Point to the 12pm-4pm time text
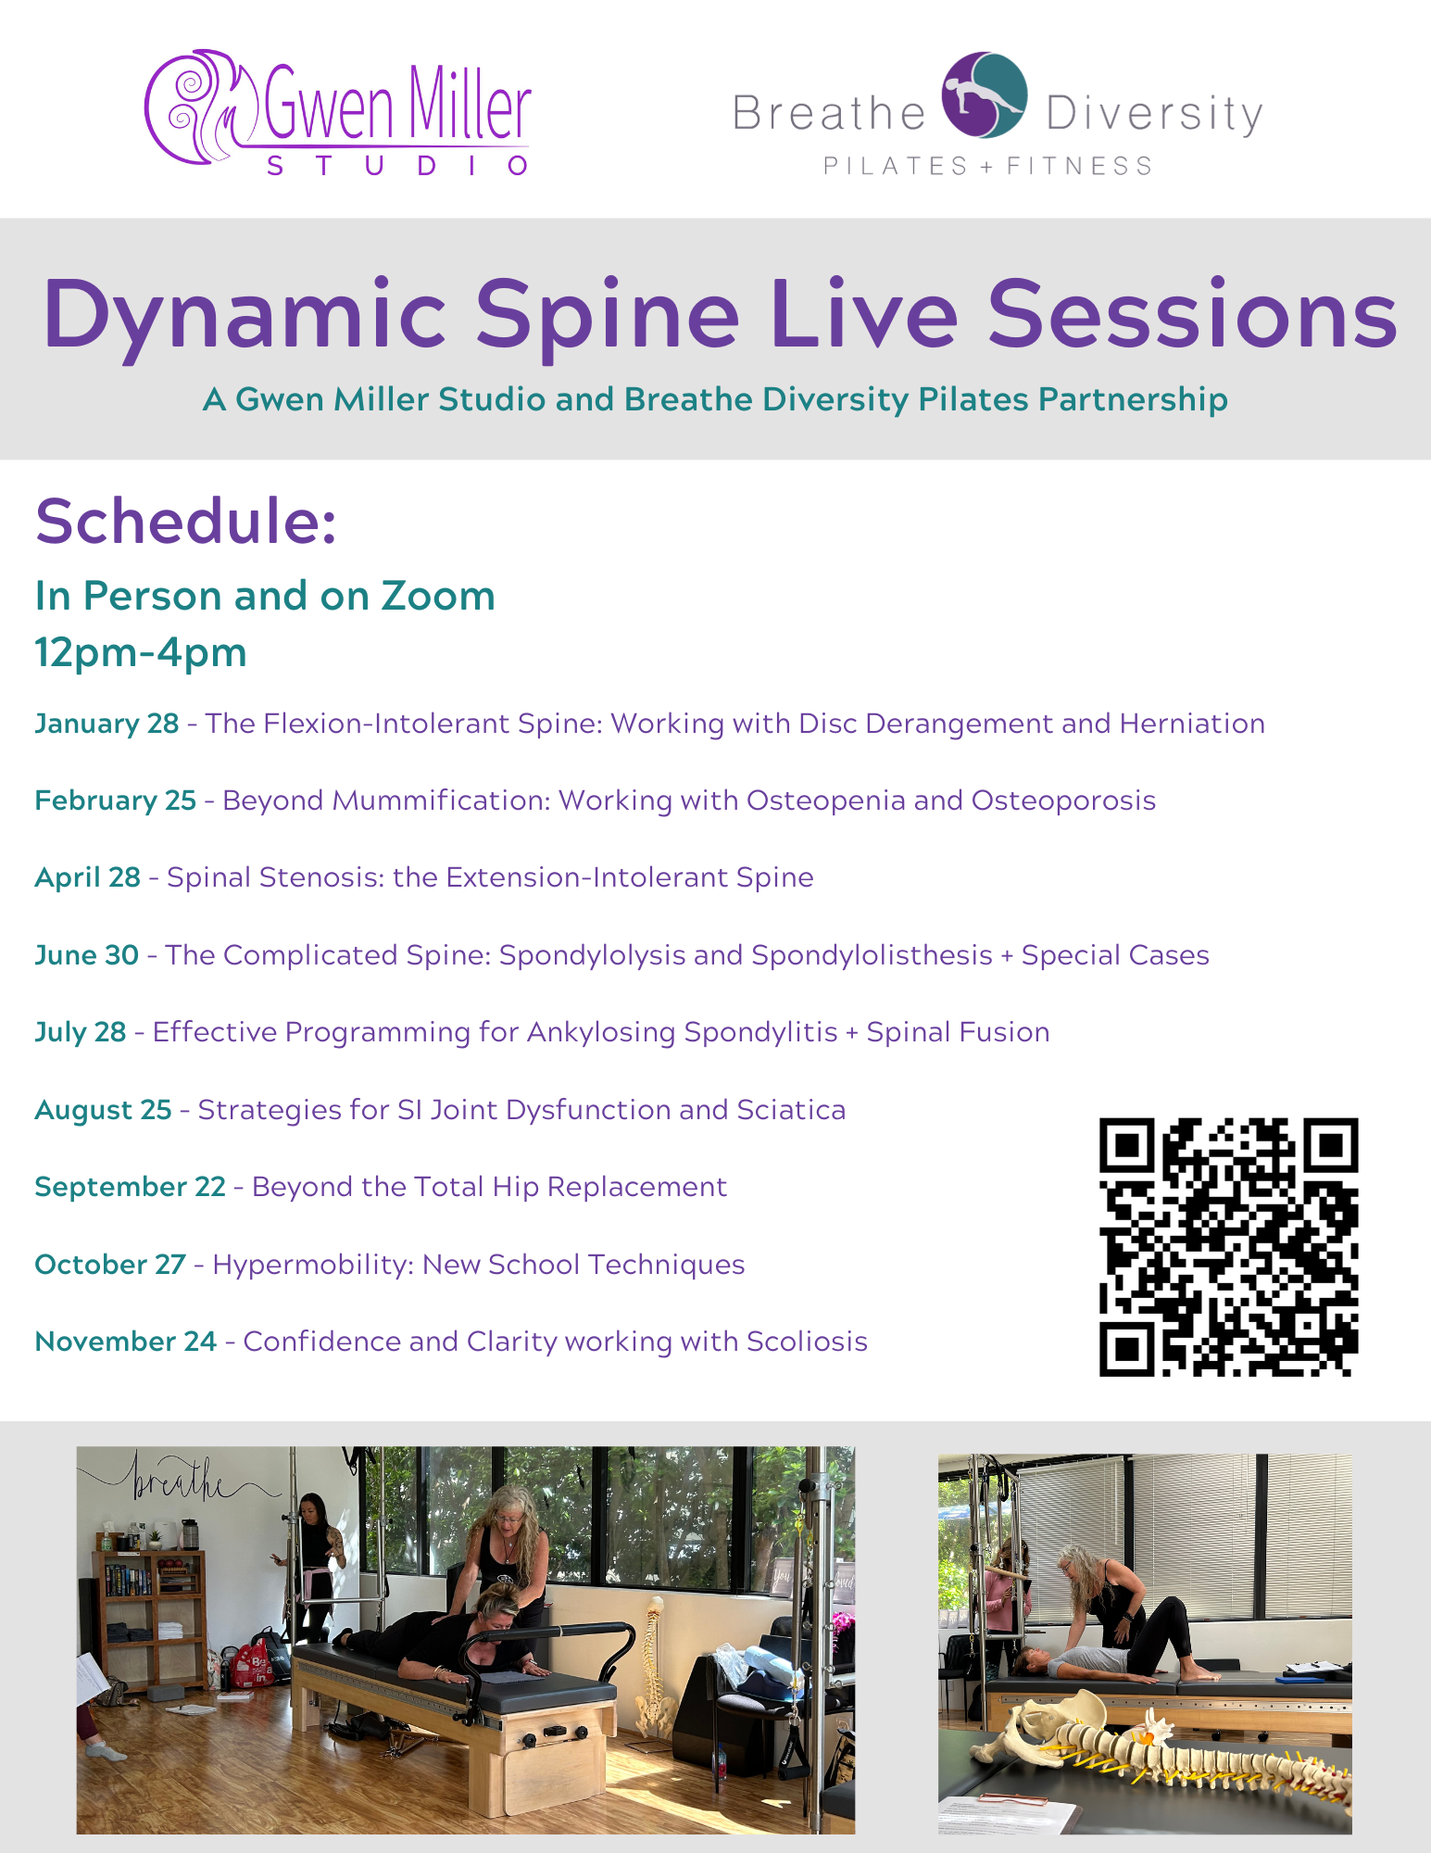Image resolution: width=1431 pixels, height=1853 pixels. point(141,652)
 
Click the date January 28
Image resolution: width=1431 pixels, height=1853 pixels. point(107,723)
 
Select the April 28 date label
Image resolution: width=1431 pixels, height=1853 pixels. point(88,877)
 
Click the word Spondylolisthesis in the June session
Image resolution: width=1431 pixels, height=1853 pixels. point(872,955)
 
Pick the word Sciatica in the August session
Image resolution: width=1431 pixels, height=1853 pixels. point(791,1109)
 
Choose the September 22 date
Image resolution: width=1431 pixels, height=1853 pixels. point(131,1187)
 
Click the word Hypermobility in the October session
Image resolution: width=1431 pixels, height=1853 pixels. point(313,1265)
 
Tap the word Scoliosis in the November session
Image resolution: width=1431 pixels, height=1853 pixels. point(807,1342)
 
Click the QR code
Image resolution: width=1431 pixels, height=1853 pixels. point(1228,1246)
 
